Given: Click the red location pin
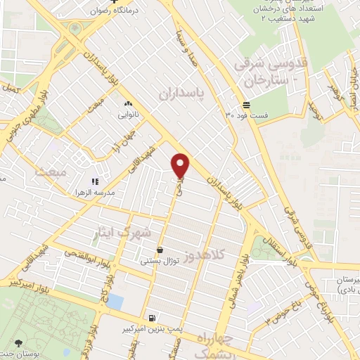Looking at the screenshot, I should click(x=181, y=166).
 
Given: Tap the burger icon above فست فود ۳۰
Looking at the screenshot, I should click(x=255, y=103).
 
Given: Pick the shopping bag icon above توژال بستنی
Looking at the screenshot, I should click(x=161, y=250).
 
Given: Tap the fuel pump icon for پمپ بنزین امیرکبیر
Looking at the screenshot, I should click(x=153, y=317).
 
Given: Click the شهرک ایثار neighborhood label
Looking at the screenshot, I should click(x=126, y=232).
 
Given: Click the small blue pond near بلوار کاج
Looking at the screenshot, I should click(x=115, y=303).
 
